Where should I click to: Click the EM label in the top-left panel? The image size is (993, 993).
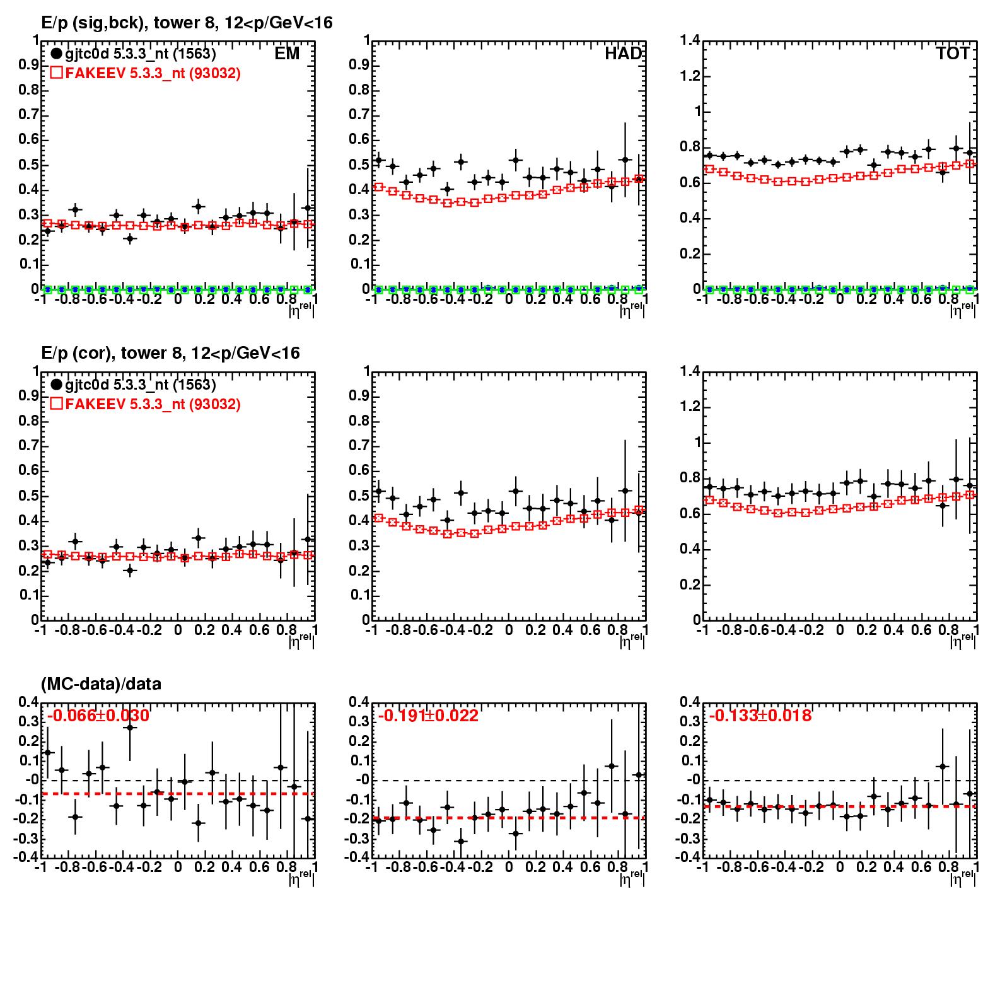(287, 54)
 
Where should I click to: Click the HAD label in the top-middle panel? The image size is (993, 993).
(623, 54)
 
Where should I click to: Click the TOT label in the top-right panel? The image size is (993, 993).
(953, 54)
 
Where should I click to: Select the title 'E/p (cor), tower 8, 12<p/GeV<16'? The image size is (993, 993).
(170, 353)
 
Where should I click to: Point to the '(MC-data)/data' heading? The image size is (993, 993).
(101, 683)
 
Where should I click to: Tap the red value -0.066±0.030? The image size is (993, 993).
(98, 716)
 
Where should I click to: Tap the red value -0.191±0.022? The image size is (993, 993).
(429, 716)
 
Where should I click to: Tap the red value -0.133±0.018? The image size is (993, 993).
(760, 716)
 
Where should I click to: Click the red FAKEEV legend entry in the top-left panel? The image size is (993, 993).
(145, 73)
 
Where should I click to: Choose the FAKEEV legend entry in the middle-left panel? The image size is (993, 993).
(145, 404)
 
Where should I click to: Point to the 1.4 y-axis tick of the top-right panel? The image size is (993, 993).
(690, 41)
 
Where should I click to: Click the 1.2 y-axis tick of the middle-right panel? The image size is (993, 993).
(690, 407)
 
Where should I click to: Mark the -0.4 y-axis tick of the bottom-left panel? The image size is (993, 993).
(28, 857)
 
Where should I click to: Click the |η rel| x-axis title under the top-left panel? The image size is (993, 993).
(301, 310)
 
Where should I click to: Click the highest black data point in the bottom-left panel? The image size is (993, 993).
(131, 728)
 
